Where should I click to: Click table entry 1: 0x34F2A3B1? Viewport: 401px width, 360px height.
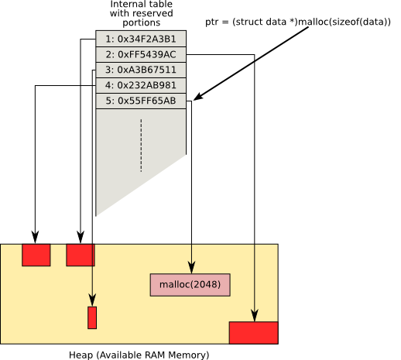click(141, 39)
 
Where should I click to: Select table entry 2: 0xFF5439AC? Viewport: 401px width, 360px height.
click(141, 54)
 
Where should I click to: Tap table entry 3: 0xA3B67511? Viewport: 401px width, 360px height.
click(141, 70)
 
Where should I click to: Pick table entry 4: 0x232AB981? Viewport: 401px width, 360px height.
click(141, 85)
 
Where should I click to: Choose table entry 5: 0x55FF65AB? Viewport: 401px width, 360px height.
click(141, 101)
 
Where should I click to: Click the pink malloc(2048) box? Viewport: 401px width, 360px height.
click(190, 285)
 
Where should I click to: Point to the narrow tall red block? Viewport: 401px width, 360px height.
click(92, 317)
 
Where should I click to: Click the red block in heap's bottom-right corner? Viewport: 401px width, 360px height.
click(254, 333)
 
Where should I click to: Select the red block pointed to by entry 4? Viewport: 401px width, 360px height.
click(36, 255)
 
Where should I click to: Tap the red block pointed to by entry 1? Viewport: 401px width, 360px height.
click(81, 255)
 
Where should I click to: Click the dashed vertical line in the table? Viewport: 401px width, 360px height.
click(141, 146)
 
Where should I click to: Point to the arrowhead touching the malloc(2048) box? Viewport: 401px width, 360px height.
click(191, 268)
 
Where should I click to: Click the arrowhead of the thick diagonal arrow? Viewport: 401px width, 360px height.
click(198, 97)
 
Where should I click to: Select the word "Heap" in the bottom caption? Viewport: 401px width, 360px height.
click(81, 355)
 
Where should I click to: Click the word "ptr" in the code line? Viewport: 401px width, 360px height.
click(211, 22)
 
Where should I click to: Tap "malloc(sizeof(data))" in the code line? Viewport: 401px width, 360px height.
click(344, 22)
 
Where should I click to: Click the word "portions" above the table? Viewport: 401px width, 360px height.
click(142, 22)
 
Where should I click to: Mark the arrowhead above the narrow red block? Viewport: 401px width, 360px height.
click(92, 300)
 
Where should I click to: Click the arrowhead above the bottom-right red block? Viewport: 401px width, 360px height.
click(255, 315)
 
